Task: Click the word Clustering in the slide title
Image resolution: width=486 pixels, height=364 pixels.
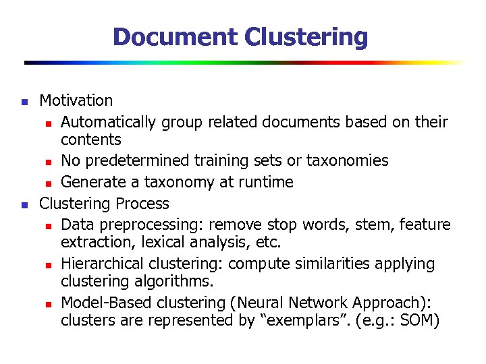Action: pyautogui.click(x=306, y=36)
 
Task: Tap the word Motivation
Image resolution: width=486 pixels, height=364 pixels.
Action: pyautogui.click(x=76, y=100)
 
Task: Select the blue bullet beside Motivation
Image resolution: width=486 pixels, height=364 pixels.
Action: pyautogui.click(x=23, y=102)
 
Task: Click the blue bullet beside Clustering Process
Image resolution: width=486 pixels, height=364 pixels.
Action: pyautogui.click(x=23, y=205)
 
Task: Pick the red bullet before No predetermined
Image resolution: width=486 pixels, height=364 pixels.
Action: pyautogui.click(x=49, y=162)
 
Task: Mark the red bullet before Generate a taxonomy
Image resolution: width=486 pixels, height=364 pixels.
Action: pyautogui.click(x=49, y=183)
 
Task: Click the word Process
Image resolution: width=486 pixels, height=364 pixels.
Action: pyautogui.click(x=142, y=203)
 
